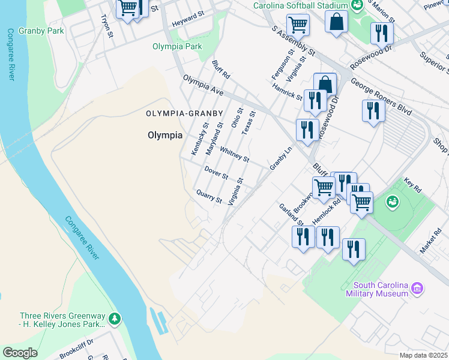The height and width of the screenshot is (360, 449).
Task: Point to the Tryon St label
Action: point(108,27)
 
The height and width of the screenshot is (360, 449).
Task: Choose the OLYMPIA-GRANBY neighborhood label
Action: point(184,113)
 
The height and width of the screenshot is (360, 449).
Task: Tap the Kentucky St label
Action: point(199,139)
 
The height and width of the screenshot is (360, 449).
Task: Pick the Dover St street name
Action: point(216,173)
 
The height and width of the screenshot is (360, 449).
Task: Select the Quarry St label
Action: point(209,196)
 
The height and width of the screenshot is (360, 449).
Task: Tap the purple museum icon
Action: point(418,289)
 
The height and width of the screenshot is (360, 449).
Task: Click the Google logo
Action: point(20,353)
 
